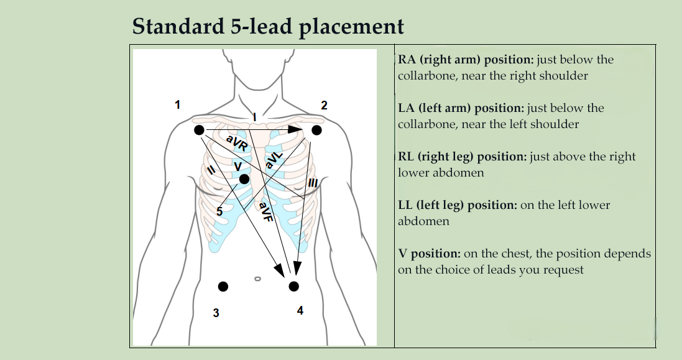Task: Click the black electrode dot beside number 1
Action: click(199, 130)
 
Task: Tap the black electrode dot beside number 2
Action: click(316, 130)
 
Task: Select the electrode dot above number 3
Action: click(223, 286)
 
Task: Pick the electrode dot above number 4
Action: click(294, 286)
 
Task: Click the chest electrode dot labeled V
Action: click(244, 179)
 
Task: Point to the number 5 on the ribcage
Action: click(219, 212)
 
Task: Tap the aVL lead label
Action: click(274, 159)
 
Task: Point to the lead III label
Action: click(313, 183)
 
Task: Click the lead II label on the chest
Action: click(211, 169)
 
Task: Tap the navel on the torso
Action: click(257, 279)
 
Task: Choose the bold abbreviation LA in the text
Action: click(407, 108)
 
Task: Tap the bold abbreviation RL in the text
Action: click(407, 157)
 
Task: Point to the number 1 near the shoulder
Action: click(178, 104)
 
